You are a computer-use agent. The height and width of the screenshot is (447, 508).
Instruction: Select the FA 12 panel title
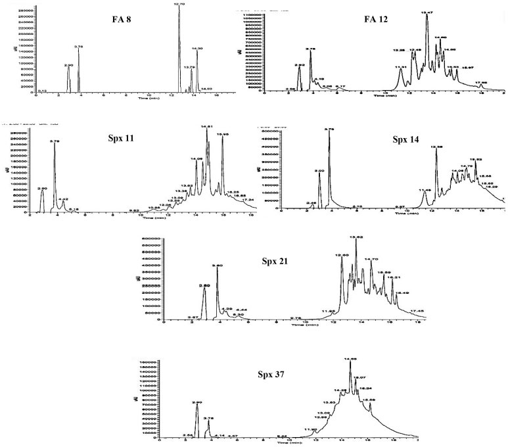(376, 19)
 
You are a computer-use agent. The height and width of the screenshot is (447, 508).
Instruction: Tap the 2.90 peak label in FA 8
(69, 65)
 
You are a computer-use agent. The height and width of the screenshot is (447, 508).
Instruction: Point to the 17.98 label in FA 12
(482, 82)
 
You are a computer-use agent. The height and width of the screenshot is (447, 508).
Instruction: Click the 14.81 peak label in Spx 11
(207, 126)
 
